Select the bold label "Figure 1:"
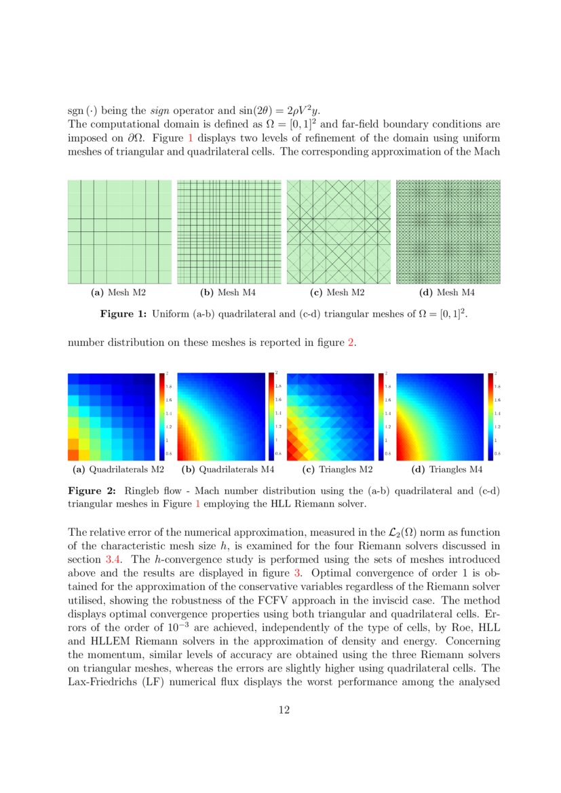(123, 315)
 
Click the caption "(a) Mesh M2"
(119, 293)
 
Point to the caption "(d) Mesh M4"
(448, 293)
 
